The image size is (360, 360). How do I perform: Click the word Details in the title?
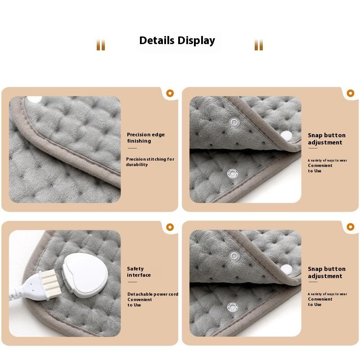157,40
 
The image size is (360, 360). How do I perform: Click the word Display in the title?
197,41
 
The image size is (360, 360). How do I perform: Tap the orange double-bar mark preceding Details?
101,45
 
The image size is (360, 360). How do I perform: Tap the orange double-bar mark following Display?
258,45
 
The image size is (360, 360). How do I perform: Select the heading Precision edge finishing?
145,138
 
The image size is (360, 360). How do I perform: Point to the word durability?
137,165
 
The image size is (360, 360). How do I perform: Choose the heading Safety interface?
139,272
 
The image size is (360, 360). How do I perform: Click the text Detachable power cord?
153,294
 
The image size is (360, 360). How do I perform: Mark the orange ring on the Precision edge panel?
170,93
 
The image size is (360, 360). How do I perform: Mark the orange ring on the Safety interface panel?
170,227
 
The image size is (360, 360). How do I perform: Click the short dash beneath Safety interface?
132,282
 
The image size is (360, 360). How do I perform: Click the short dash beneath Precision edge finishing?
132,148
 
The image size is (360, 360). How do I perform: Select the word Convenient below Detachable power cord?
139,300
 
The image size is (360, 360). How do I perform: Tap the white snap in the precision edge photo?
34,99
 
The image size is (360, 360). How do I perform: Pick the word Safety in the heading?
135,269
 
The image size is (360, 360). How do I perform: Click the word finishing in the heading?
139,141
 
